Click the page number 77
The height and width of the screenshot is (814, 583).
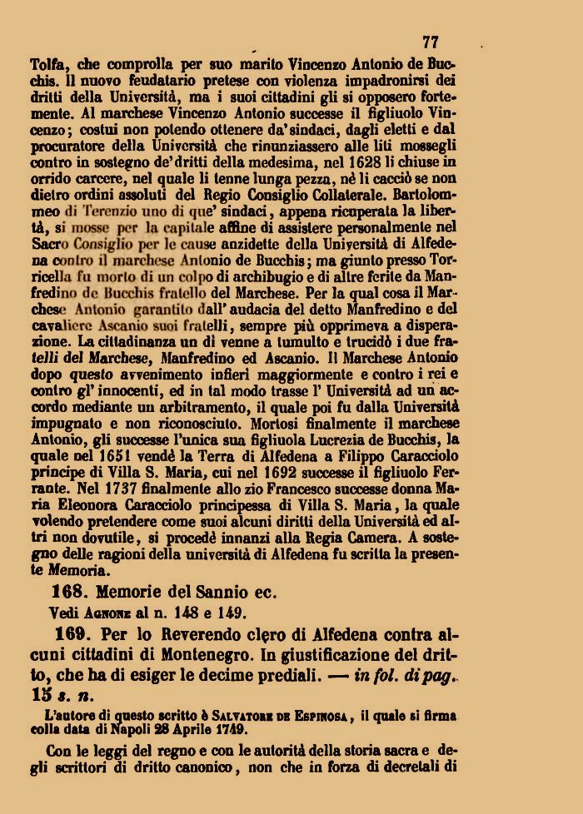[x=430, y=42]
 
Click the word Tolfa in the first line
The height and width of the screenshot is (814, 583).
[x=47, y=62]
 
